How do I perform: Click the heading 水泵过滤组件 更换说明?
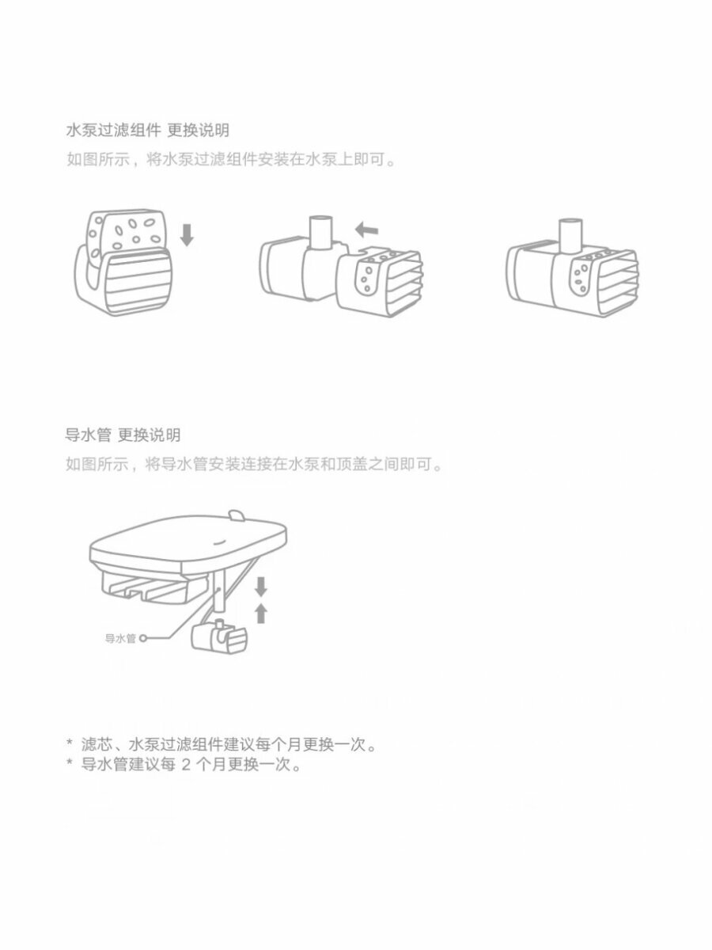pos(147,130)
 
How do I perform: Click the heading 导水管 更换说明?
pos(123,435)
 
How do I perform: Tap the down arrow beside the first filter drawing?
pos(187,234)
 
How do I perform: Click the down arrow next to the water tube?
pos(261,587)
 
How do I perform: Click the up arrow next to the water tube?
pos(261,613)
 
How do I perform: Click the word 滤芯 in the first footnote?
pos(96,745)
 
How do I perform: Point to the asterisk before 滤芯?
pos(70,743)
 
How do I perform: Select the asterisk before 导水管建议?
pos(70,764)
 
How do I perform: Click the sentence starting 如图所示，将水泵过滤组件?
pos(229,159)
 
